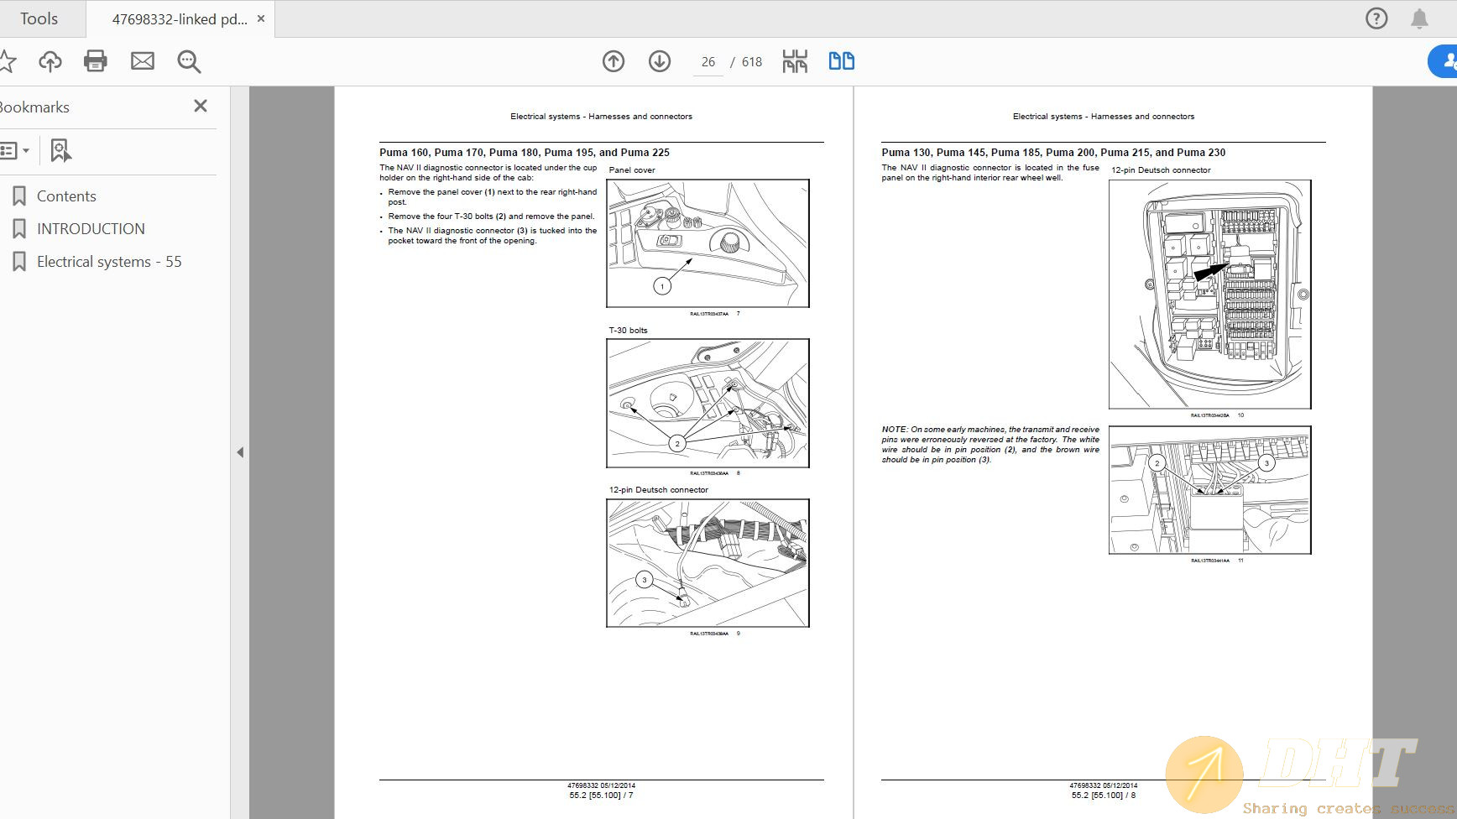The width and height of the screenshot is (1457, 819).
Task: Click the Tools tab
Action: click(39, 18)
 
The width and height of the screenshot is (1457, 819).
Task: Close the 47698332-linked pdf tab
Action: click(261, 18)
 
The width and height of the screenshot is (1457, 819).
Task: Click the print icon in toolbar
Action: click(96, 60)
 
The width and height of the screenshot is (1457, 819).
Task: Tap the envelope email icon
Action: click(143, 60)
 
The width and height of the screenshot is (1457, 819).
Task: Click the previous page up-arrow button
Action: click(614, 61)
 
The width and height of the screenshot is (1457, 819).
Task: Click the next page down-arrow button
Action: click(660, 61)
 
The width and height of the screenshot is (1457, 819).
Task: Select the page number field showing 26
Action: click(708, 62)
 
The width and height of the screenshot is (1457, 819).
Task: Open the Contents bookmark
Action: click(66, 196)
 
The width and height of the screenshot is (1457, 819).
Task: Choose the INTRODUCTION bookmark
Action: click(91, 229)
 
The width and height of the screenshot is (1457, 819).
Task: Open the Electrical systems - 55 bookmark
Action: click(109, 262)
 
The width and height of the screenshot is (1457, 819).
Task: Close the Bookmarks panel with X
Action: click(200, 106)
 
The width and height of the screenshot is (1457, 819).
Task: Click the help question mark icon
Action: click(1376, 18)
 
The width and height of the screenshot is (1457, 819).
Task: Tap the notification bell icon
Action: click(1419, 18)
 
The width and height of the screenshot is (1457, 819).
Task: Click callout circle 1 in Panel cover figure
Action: click(662, 286)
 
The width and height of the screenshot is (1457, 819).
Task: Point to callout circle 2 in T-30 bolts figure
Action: click(677, 444)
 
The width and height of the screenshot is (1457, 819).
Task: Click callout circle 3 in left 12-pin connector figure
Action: click(645, 579)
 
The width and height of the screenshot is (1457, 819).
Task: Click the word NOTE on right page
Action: click(894, 430)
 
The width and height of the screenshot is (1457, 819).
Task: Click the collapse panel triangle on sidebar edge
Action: click(240, 452)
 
